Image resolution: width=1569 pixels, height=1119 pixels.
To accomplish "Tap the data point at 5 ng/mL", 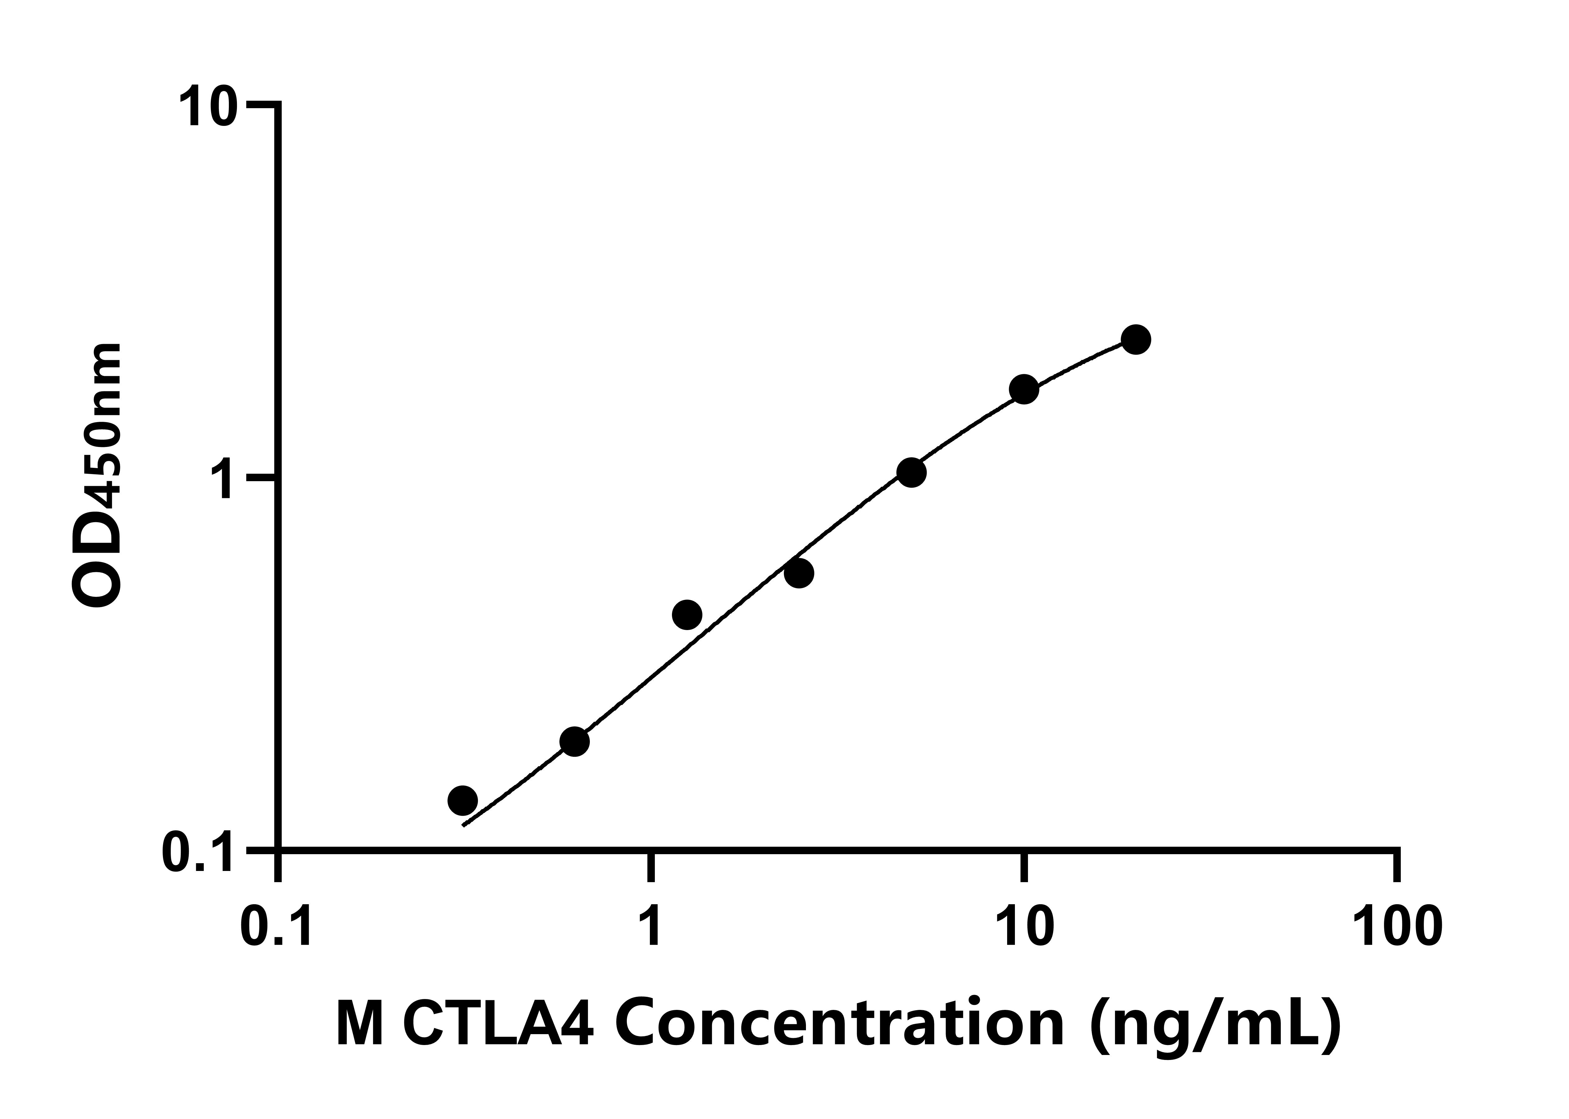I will (912, 473).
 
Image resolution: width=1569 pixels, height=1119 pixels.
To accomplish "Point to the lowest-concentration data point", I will (462, 801).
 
